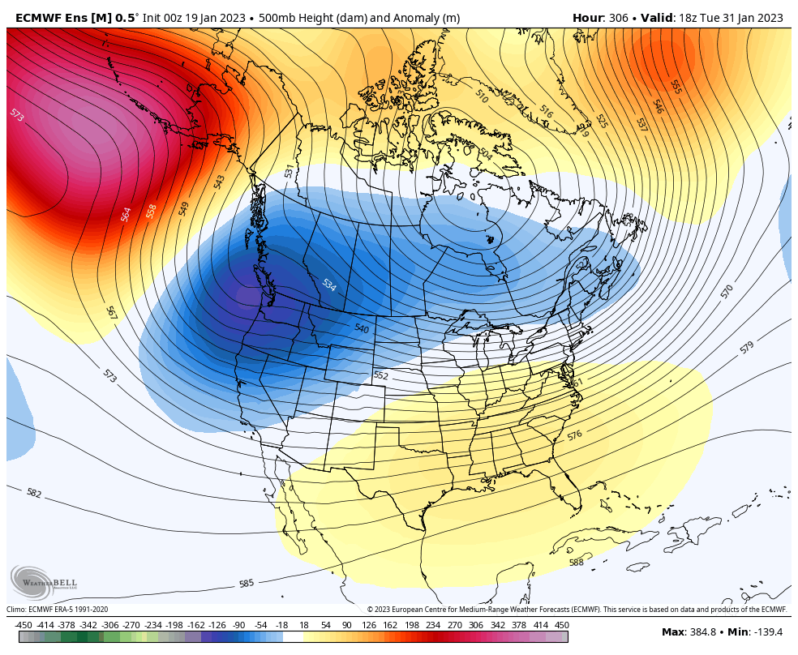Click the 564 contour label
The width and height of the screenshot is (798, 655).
tap(126, 214)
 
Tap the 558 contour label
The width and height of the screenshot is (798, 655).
tap(151, 211)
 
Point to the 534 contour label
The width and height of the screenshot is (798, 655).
tap(328, 285)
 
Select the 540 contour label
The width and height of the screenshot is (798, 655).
tap(362, 328)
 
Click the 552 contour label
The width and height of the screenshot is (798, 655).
tap(381, 376)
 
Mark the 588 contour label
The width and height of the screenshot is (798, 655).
tap(576, 563)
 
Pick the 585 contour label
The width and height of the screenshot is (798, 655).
tap(247, 583)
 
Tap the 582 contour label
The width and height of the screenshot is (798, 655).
tap(33, 493)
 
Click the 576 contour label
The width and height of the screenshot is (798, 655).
tap(574, 435)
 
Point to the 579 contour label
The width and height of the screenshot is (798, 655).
tap(746, 347)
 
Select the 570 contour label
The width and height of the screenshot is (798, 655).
tap(727, 289)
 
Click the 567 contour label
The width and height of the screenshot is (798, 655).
tap(111, 312)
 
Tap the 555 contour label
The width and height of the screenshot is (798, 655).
tap(676, 86)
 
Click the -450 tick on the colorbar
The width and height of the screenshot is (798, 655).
tap(23, 625)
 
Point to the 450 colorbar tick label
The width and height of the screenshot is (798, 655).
tap(561, 625)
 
